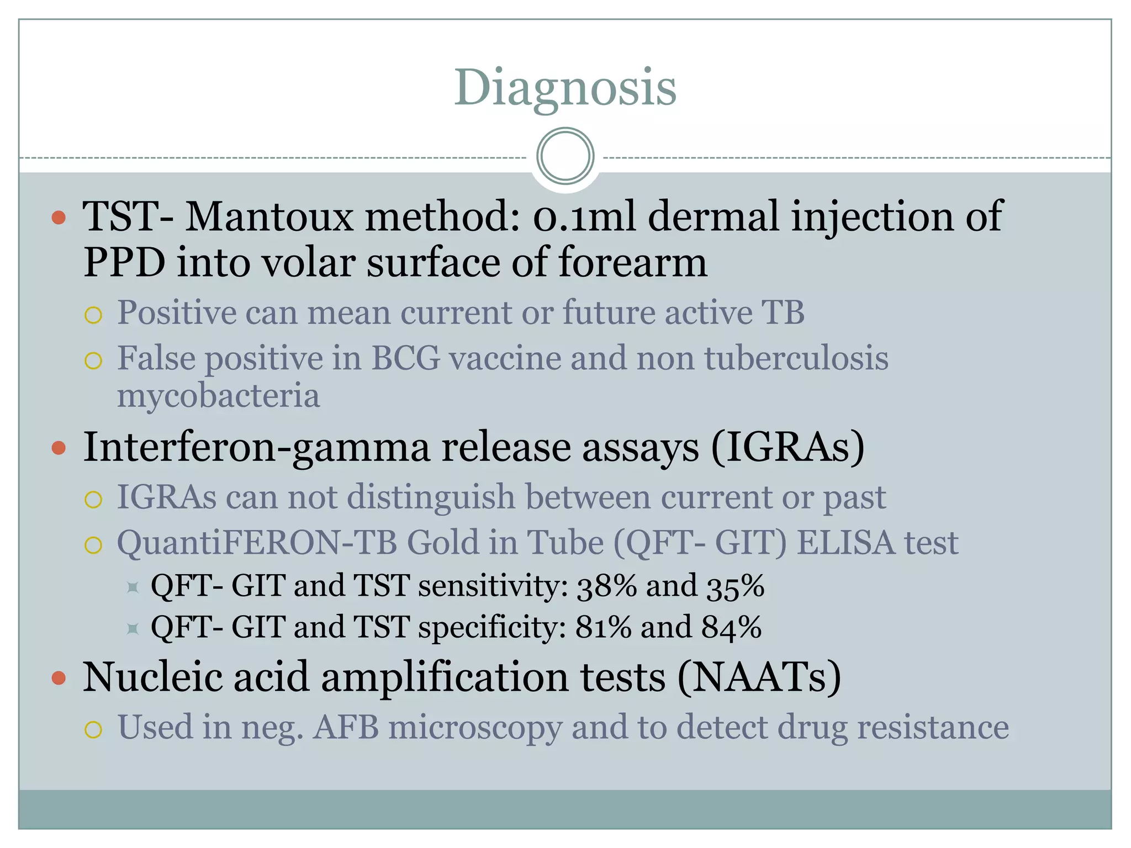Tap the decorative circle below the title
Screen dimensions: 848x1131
coord(565,156)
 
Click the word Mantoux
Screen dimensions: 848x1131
coord(268,216)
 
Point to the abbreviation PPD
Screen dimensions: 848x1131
coord(124,262)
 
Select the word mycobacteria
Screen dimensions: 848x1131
coord(218,396)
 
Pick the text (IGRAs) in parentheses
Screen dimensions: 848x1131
coord(788,447)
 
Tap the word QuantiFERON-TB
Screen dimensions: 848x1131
coord(257,543)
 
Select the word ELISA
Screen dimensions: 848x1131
coord(845,543)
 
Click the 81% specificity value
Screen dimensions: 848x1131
coord(603,627)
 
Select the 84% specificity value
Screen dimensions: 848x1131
coord(731,627)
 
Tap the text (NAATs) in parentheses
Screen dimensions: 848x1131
coord(759,677)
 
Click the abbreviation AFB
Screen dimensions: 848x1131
coord(346,727)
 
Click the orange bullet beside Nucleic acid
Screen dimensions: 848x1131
coord(59,677)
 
